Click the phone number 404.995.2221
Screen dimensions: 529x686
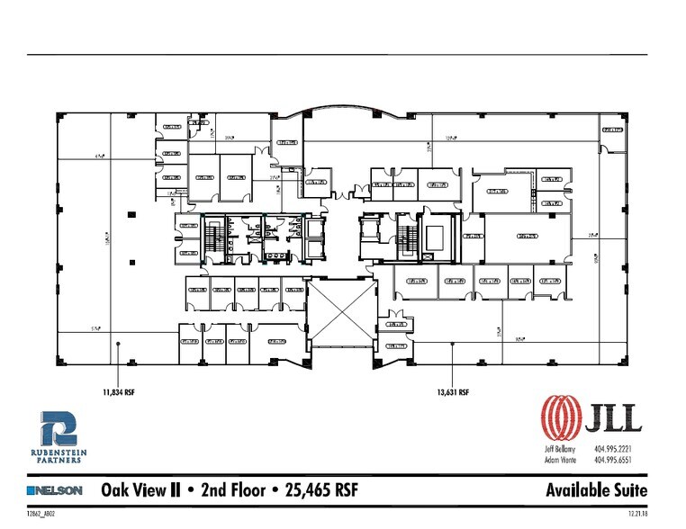[x=613, y=447]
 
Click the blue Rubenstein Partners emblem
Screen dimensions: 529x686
[x=60, y=430]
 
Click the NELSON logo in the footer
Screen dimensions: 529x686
[x=56, y=490]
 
